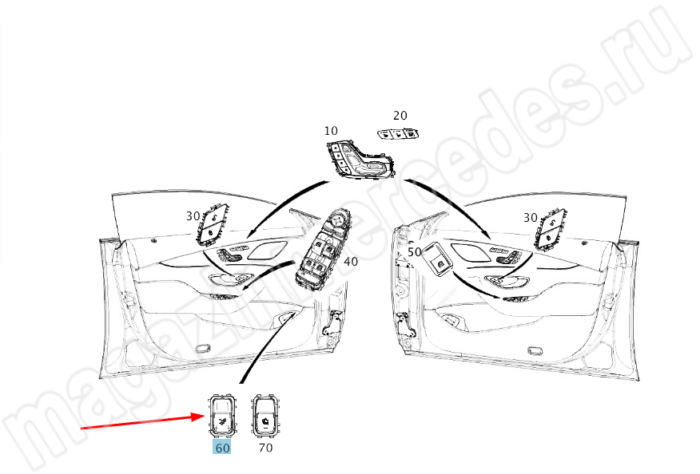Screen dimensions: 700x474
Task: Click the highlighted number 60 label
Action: click(x=222, y=447)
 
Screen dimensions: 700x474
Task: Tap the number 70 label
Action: click(x=265, y=447)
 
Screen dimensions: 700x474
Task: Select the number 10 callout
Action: click(x=331, y=131)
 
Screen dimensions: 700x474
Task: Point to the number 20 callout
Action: click(x=400, y=116)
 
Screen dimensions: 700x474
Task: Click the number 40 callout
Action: click(x=351, y=261)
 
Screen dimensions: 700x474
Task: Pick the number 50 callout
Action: click(x=415, y=252)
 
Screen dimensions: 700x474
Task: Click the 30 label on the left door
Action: click(x=193, y=216)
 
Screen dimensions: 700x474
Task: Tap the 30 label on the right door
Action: click(x=531, y=218)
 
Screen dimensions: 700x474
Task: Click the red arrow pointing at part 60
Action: click(x=143, y=422)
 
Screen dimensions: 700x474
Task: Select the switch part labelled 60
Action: click(x=222, y=415)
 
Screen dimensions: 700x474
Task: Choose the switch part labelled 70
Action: click(x=264, y=415)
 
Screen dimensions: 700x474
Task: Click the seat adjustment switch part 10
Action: click(x=360, y=160)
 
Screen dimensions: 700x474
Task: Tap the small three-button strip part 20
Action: click(x=398, y=133)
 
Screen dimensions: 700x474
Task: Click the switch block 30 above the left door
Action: click(x=213, y=225)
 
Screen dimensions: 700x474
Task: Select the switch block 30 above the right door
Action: click(x=551, y=228)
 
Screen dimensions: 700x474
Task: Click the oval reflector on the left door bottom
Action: click(x=204, y=348)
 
